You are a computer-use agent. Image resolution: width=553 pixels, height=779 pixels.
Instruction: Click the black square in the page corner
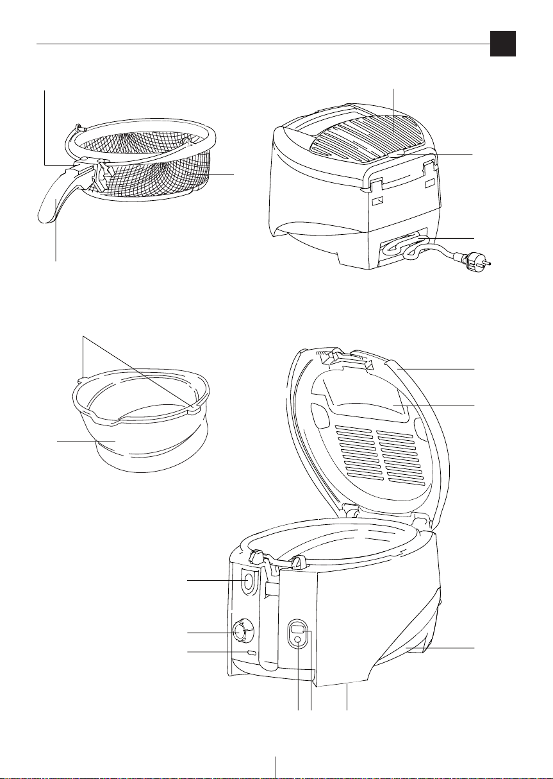pyautogui.click(x=503, y=44)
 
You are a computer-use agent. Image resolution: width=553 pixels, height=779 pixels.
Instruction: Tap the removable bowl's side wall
pyautogui.click(x=128, y=443)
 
